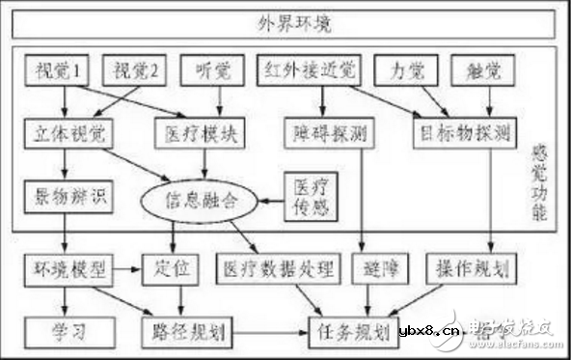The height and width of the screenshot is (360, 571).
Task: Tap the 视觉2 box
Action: coord(135,69)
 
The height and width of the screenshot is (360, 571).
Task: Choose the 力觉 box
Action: coord(406,69)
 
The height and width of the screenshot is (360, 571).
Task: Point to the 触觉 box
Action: coord(490,69)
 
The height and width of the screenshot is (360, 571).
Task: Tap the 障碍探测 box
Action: coord(326,131)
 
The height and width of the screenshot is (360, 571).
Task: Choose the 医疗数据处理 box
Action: coord(277,265)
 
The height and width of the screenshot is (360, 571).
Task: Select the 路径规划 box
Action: coord(189,332)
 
